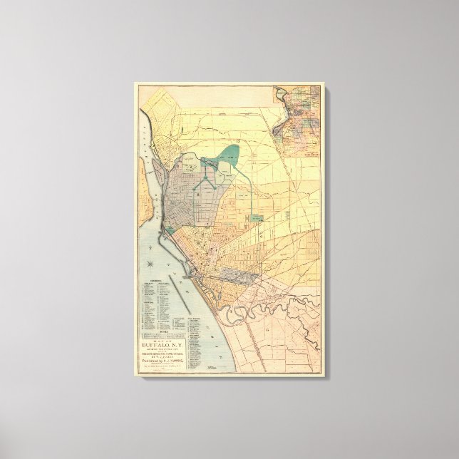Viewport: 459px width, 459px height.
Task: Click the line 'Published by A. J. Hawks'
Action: coord(163,360)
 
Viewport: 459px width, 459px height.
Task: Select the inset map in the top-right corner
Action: coord(298,118)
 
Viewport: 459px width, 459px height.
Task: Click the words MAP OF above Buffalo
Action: coord(163,336)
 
